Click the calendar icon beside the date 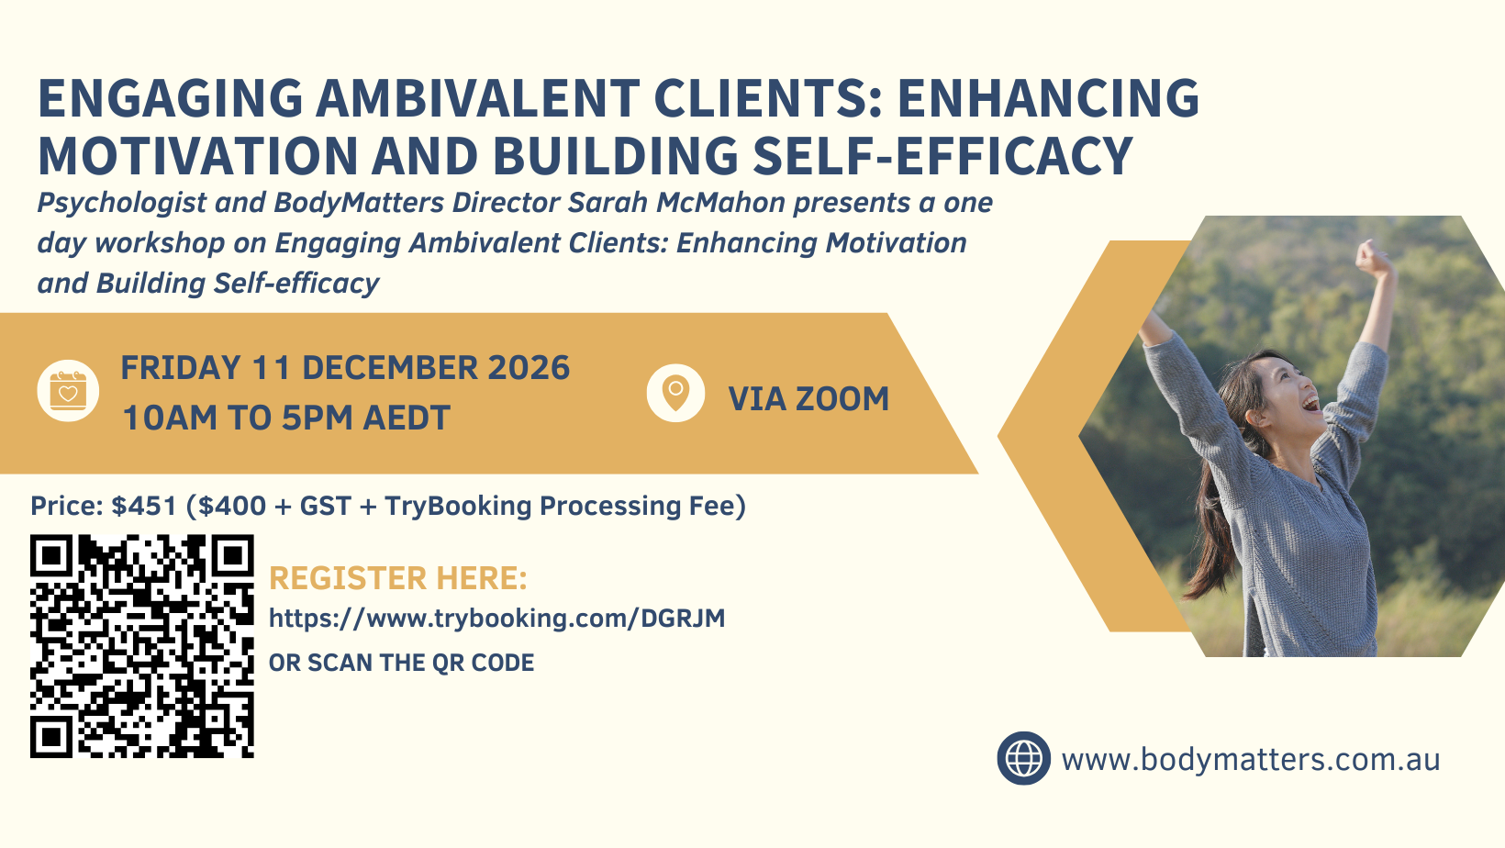pos(68,391)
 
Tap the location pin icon pos(675,393)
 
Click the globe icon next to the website pos(1023,759)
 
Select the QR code pos(141,646)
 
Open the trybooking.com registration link pos(497,619)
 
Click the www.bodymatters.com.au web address pos(1251,760)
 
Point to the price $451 pos(144,506)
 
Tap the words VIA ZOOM pos(808,398)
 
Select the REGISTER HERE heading pos(397,578)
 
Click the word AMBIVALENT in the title pos(477,98)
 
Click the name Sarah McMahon pos(676,202)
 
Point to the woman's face pos(1291,390)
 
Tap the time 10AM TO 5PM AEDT pos(286,418)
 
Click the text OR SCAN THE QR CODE pos(401,664)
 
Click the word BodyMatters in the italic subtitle pos(359,203)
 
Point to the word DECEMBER pos(390,367)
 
